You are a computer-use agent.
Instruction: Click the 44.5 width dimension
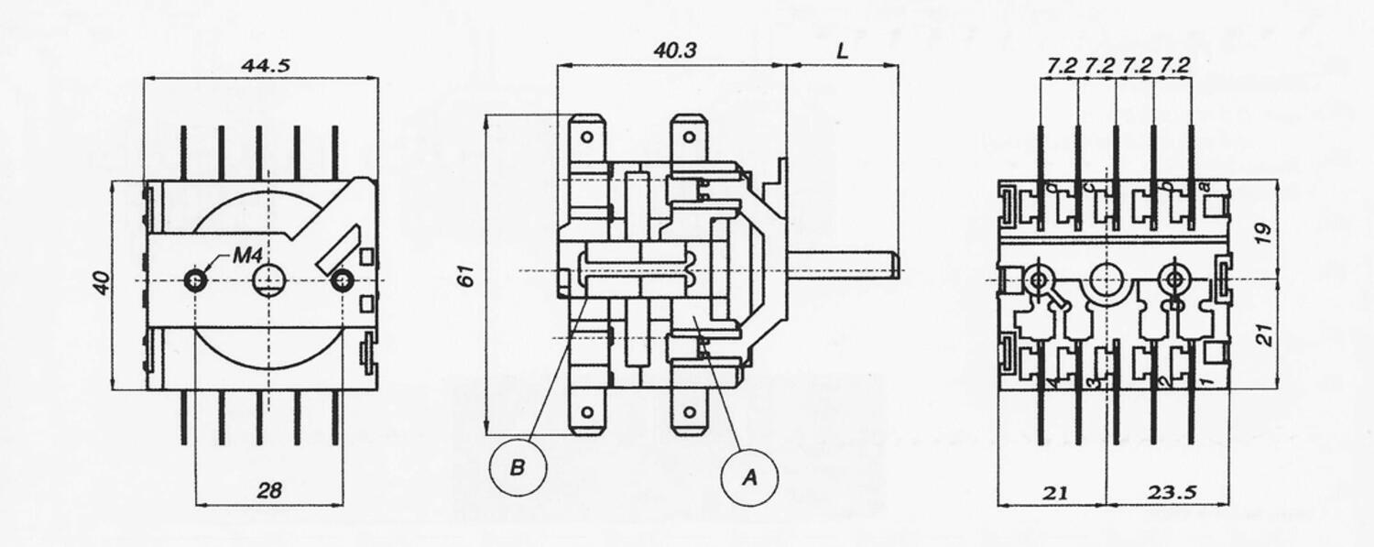pos(259,65)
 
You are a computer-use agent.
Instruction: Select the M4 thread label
pos(247,256)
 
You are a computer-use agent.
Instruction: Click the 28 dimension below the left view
pos(268,491)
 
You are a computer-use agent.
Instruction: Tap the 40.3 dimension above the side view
pos(674,50)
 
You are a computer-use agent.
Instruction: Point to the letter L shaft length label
pos(842,50)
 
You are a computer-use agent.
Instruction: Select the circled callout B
pos(518,468)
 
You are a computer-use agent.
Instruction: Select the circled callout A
pos(749,477)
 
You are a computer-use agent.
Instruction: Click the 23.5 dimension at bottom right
pos(1173,492)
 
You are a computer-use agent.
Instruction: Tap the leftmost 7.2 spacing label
pos(1060,65)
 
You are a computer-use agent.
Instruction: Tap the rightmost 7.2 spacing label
pos(1173,65)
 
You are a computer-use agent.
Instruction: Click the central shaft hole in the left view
pos(268,279)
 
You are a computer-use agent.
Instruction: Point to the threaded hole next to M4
pos(195,279)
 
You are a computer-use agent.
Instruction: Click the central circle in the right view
pos(1106,277)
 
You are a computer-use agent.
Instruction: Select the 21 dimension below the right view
pos(1054,492)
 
